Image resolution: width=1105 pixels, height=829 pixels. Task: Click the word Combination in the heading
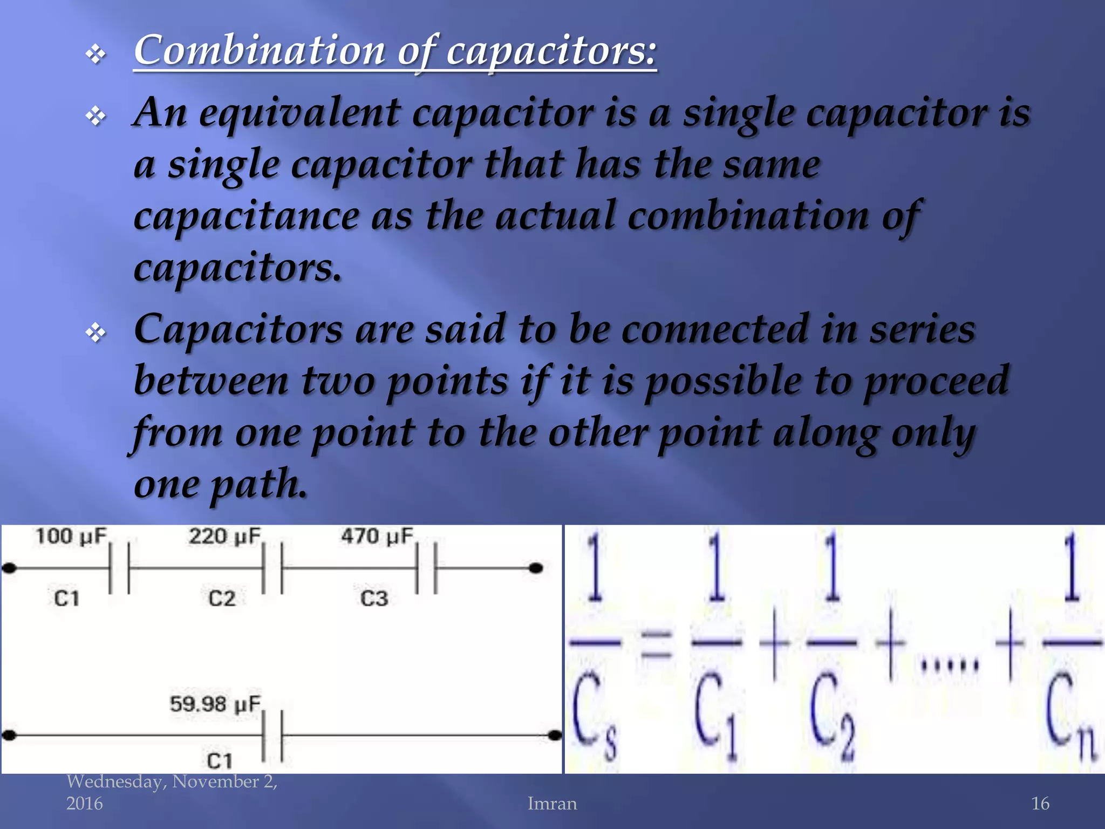tap(259, 50)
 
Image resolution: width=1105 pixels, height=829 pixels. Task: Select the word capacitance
tap(246, 216)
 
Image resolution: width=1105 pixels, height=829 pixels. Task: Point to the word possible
tap(723, 381)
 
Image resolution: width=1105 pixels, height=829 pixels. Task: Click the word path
tap(258, 484)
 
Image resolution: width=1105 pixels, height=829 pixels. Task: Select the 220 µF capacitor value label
tap(224, 536)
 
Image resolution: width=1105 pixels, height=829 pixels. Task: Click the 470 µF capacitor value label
tap(377, 536)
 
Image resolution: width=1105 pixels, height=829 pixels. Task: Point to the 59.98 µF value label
tap(215, 704)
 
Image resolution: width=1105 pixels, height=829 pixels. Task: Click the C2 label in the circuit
tap(222, 599)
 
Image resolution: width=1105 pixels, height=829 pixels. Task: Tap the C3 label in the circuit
tap(374, 599)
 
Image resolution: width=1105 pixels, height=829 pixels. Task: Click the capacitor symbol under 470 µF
tap(426, 568)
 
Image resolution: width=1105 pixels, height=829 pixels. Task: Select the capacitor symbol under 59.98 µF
tap(272, 735)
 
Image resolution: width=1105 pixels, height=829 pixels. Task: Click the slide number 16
tap(1040, 804)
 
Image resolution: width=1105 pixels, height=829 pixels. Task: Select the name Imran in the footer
tap(552, 804)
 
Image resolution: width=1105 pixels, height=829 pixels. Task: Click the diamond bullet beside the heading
tap(96, 55)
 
